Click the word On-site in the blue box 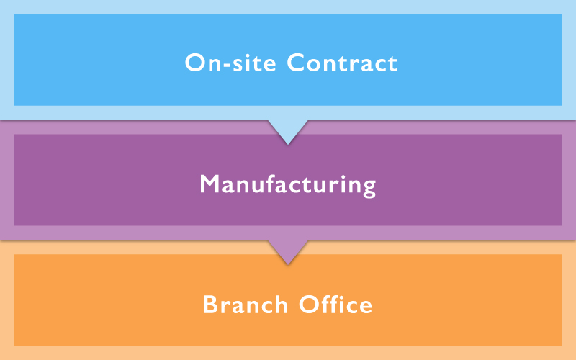click(x=232, y=63)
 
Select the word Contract click(x=342, y=63)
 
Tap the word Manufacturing click(x=288, y=185)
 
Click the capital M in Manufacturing click(x=209, y=185)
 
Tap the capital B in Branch click(x=210, y=305)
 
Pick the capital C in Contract click(x=297, y=63)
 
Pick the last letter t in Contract click(x=392, y=63)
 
